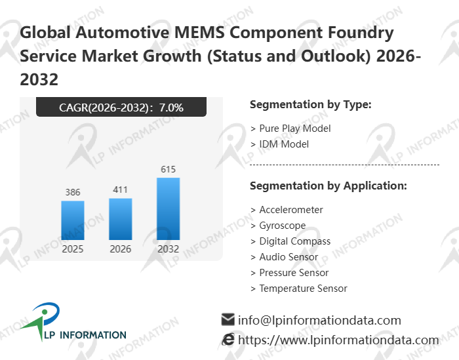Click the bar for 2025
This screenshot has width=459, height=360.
tap(73, 220)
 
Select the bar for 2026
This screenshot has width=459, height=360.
tap(120, 219)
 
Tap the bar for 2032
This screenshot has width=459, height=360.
tap(168, 209)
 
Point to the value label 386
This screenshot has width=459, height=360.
tap(73, 192)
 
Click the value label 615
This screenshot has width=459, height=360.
tap(169, 169)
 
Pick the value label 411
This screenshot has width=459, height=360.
tap(120, 190)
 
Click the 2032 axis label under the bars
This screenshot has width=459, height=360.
tap(168, 249)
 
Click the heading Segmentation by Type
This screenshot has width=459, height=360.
tap(311, 104)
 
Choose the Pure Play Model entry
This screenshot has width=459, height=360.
tap(294, 129)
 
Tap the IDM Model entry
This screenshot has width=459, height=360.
tap(284, 144)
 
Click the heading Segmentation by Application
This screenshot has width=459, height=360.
tap(329, 186)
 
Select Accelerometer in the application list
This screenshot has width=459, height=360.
tap(291, 210)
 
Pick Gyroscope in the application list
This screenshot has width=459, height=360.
tap(283, 226)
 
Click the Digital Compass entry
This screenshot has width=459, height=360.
tap(294, 241)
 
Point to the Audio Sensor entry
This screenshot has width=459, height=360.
tap(289, 257)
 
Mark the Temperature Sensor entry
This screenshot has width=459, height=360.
tap(303, 289)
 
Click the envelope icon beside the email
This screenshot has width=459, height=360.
tap(228, 320)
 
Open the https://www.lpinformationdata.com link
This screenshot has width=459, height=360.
tap(338, 340)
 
